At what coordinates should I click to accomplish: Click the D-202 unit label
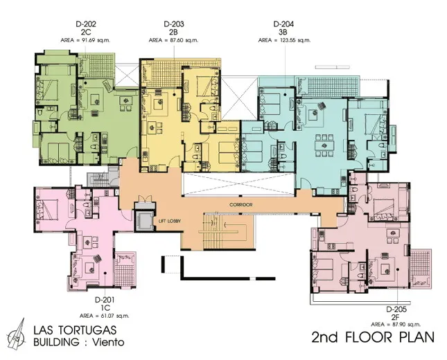[x=86, y=24]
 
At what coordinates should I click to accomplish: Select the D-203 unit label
[x=174, y=24]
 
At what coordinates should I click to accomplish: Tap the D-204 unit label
[x=283, y=24]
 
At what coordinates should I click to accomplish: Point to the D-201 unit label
[x=105, y=300]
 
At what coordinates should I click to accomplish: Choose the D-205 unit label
[x=396, y=309]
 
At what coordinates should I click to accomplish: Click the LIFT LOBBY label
[x=170, y=221]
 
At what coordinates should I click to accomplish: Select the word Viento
[x=108, y=342]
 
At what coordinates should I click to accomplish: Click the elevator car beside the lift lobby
[x=145, y=220]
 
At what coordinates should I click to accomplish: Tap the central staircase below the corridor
[x=225, y=232]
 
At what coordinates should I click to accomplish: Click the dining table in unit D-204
[x=324, y=146]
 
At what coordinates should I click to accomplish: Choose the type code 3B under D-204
[x=283, y=32]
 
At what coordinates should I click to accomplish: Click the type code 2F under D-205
[x=396, y=316]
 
